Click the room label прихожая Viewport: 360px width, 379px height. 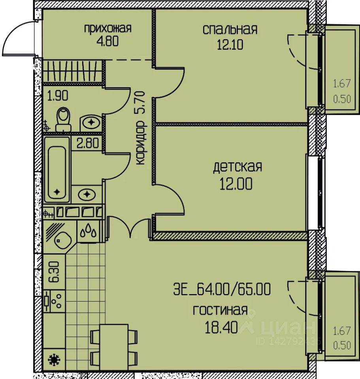(107, 29)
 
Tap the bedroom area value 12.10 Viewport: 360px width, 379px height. (230, 45)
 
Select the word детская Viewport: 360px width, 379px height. (237, 167)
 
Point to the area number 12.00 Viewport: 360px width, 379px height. (236, 184)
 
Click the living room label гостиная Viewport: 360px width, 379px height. (220, 310)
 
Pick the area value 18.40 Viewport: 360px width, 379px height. (221, 328)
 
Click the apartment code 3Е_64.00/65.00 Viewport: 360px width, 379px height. (222, 289)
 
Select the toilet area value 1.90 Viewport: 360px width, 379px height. (58, 96)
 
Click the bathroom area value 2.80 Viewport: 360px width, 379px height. (88, 143)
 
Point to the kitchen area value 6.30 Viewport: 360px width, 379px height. (54, 272)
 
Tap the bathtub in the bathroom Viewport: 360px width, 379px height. (57, 170)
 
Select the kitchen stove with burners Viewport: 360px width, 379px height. (55, 301)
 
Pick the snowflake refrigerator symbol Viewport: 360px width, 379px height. (54, 360)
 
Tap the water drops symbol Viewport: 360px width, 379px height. (89, 231)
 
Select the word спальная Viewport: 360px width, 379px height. (230, 30)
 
